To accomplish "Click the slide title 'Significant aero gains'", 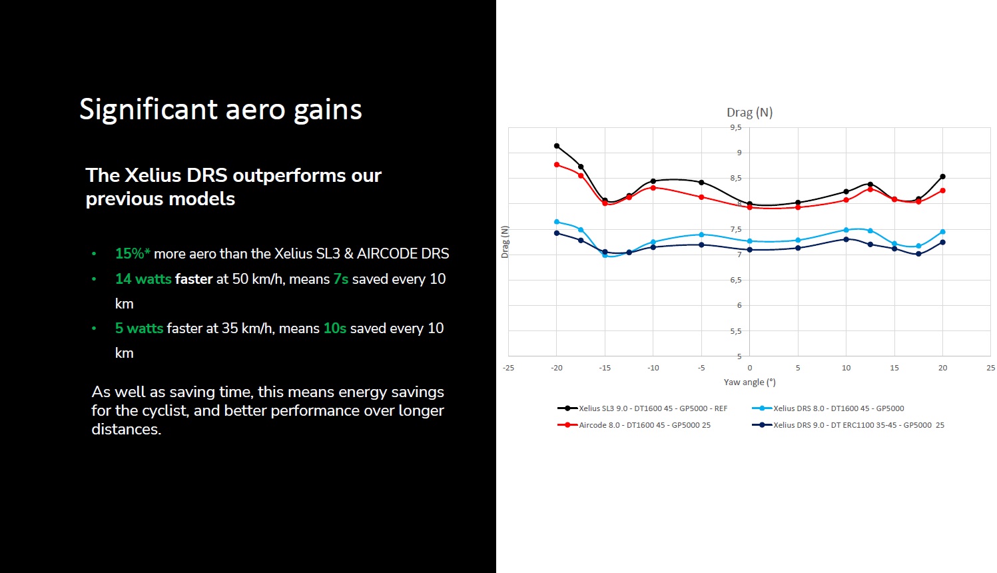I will pyautogui.click(x=220, y=110).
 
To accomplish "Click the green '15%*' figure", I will pyautogui.click(x=133, y=254).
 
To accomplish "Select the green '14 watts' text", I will pyautogui.click(x=143, y=279).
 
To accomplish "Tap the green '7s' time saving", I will pyautogui.click(x=341, y=279).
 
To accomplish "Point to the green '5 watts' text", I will pyautogui.click(x=139, y=328).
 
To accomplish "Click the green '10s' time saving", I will pyautogui.click(x=335, y=328).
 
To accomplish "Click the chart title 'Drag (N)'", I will pyautogui.click(x=749, y=113).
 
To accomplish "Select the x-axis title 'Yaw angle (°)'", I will pyautogui.click(x=749, y=382).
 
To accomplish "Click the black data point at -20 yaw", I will pyautogui.click(x=557, y=146).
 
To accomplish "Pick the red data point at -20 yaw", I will pyautogui.click(x=557, y=165).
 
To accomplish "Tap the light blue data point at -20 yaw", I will pyautogui.click(x=557, y=222).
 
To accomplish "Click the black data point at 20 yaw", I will pyautogui.click(x=942, y=177).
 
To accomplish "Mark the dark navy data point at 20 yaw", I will pyautogui.click(x=942, y=243).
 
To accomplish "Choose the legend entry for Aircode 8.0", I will pyautogui.click(x=644, y=425).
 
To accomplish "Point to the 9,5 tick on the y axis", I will pyautogui.click(x=735, y=127).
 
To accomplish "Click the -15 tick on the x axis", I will pyautogui.click(x=605, y=368).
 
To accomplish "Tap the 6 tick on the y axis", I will pyautogui.click(x=739, y=305).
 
